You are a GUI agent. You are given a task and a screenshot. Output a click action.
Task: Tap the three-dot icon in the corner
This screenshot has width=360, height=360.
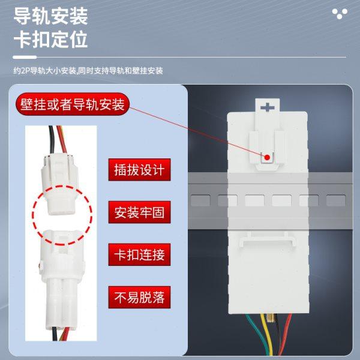[x=340, y=13]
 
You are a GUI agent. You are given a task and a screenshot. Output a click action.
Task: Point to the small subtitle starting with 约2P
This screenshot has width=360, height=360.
[x=88, y=70]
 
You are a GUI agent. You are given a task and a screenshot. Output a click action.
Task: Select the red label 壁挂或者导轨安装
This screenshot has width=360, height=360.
[x=71, y=106]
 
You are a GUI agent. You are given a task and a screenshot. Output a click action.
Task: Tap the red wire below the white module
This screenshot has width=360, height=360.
[x=288, y=333]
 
